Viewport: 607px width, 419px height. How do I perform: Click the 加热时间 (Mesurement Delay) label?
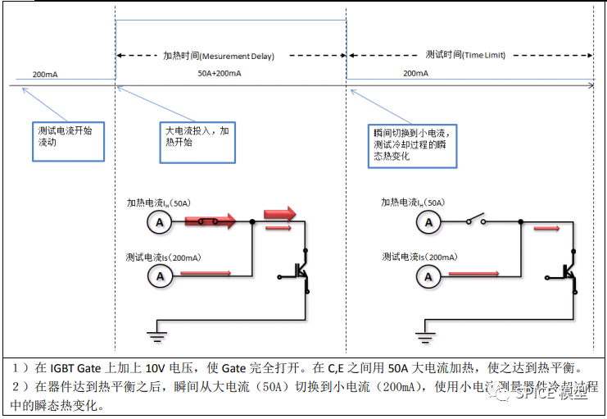pos(218,56)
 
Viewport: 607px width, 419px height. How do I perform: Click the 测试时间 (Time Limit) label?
pos(465,55)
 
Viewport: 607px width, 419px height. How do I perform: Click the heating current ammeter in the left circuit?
pos(161,221)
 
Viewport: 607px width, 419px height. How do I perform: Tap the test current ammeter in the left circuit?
pos(161,276)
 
